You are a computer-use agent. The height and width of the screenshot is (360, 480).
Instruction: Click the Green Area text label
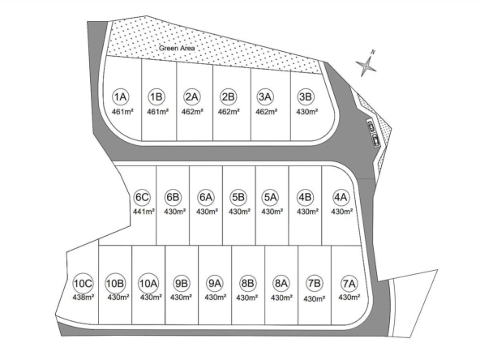click(177, 48)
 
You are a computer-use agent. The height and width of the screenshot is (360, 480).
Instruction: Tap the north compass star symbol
click(366, 65)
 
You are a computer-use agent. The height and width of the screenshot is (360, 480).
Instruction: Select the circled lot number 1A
click(120, 96)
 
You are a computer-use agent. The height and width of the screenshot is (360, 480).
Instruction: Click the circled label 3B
click(305, 96)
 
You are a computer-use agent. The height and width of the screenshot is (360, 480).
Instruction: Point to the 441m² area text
click(144, 212)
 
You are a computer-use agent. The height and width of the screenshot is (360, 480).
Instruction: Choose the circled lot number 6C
click(143, 197)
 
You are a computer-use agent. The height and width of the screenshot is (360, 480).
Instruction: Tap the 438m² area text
click(84, 297)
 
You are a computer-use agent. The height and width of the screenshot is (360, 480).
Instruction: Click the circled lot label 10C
click(83, 283)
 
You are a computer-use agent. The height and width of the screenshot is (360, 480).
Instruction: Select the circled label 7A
click(349, 284)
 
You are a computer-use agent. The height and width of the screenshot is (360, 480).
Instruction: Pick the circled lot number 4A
click(341, 197)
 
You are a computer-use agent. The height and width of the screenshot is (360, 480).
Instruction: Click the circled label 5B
click(238, 197)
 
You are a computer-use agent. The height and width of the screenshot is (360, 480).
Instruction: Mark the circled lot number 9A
click(215, 283)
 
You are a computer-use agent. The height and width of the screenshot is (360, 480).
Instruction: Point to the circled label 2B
click(229, 96)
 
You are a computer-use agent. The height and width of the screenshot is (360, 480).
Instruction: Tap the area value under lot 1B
click(157, 112)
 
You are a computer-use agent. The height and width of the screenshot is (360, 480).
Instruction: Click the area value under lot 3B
click(307, 112)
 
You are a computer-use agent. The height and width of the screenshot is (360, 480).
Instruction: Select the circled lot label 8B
click(247, 283)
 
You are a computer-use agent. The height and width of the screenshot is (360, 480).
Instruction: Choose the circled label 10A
click(148, 283)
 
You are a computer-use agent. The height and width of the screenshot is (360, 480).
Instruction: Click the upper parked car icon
click(371, 126)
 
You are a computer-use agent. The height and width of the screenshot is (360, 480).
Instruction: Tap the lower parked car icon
click(376, 140)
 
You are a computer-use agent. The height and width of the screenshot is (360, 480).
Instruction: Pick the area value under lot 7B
click(315, 298)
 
